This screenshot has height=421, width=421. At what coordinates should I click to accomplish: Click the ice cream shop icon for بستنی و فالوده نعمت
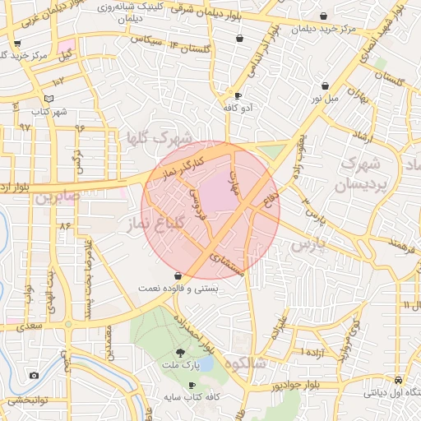click(178, 277)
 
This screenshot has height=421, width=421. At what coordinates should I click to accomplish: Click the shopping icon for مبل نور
click(326, 86)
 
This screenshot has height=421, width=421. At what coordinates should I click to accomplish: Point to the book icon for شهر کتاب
click(49, 99)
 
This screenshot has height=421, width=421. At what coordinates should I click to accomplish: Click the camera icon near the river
click(34, 375)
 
